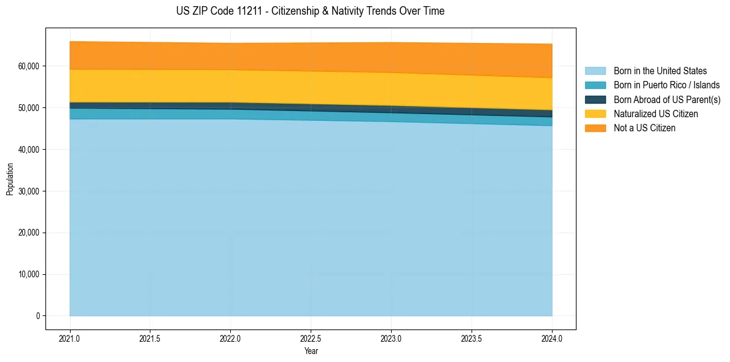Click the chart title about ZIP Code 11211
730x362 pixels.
click(310, 11)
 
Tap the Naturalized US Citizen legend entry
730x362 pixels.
click(656, 114)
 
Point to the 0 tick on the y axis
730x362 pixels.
click(37, 316)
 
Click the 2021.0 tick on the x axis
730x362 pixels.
click(70, 338)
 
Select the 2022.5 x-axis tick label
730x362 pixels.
click(311, 338)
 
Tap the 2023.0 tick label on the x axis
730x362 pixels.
click(391, 338)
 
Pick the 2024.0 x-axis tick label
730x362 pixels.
click(552, 338)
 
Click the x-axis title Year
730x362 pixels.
click(311, 352)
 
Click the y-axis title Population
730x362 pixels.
click(10, 179)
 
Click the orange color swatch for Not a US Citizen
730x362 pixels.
click(595, 128)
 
